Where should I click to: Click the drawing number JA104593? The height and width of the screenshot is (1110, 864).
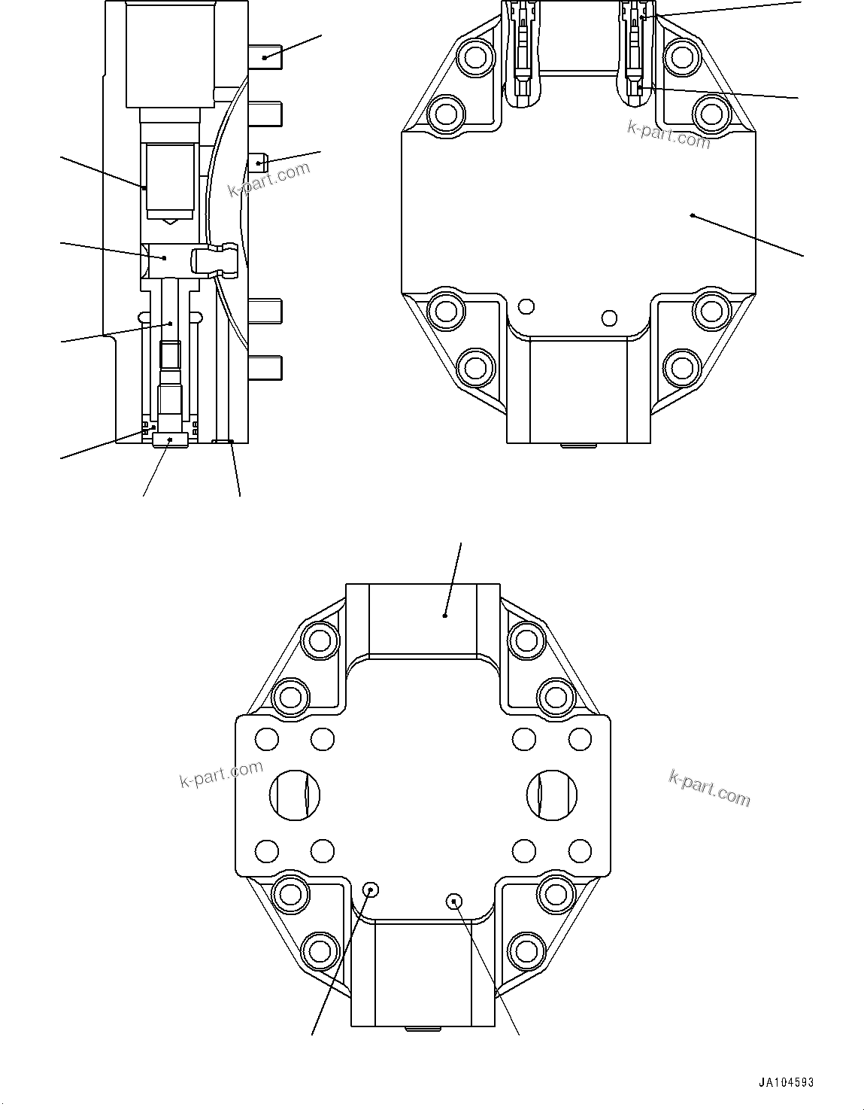click(x=785, y=1083)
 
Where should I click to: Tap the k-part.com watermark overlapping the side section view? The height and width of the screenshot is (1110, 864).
click(x=268, y=179)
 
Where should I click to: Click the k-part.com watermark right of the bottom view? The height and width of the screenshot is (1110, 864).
click(x=709, y=788)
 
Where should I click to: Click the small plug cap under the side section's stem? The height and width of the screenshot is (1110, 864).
click(x=170, y=439)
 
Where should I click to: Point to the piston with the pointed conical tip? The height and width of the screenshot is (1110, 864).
click(x=170, y=181)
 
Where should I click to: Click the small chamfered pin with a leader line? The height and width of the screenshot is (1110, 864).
click(x=259, y=161)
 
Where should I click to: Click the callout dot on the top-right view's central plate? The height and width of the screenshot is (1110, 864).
click(x=692, y=216)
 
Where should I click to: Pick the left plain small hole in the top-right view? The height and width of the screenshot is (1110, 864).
click(x=526, y=306)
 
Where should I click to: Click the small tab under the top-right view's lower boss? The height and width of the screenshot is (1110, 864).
click(x=579, y=446)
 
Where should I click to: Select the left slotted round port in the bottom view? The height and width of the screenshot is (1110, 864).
click(x=295, y=794)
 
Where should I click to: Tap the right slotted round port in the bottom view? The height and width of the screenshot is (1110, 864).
click(x=552, y=794)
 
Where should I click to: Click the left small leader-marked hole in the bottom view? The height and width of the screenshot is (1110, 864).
click(x=370, y=890)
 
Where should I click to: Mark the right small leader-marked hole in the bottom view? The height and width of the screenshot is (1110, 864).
click(x=453, y=900)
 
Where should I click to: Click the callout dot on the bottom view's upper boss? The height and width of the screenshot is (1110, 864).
click(x=445, y=616)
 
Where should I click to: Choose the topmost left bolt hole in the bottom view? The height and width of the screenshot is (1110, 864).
click(x=320, y=640)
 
